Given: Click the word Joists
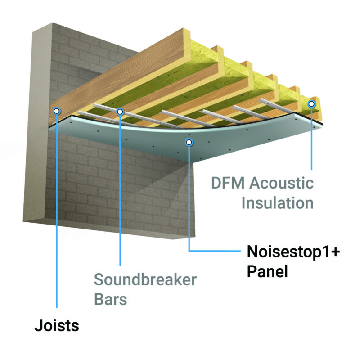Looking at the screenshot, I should pyautogui.click(x=57, y=325).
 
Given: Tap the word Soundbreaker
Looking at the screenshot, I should pyautogui.click(x=145, y=279).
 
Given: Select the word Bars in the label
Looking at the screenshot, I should pyautogui.click(x=111, y=299).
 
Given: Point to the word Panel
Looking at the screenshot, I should pyautogui.click(x=267, y=271).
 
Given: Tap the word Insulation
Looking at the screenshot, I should pyautogui.click(x=277, y=203).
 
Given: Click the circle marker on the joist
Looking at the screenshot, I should pyautogui.click(x=56, y=111).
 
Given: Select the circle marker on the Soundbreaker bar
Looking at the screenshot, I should pyautogui.click(x=120, y=111).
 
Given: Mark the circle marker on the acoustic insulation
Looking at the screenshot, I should pyautogui.click(x=311, y=104).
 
